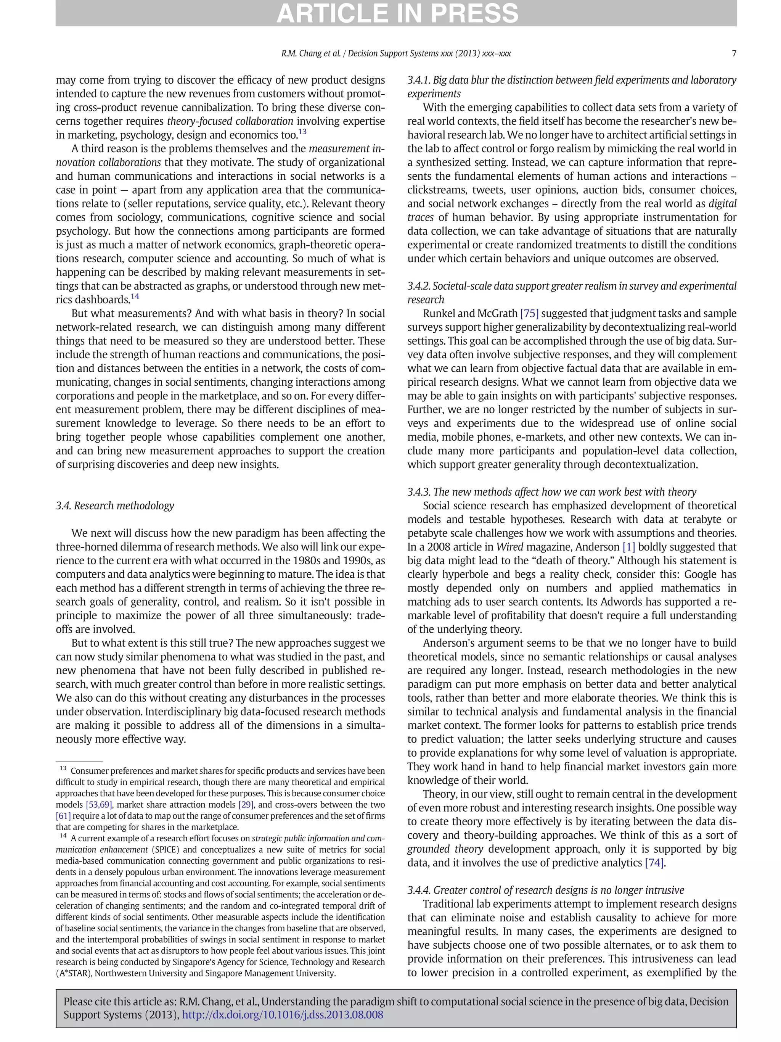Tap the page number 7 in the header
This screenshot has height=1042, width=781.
(x=733, y=54)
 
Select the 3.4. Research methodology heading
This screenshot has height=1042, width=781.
(x=115, y=506)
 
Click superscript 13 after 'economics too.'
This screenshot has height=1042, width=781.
(x=302, y=132)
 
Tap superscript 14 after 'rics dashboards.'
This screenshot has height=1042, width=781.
(x=135, y=297)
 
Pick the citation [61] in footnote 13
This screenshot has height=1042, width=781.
(x=63, y=816)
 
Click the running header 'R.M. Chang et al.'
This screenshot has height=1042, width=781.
(x=311, y=54)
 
